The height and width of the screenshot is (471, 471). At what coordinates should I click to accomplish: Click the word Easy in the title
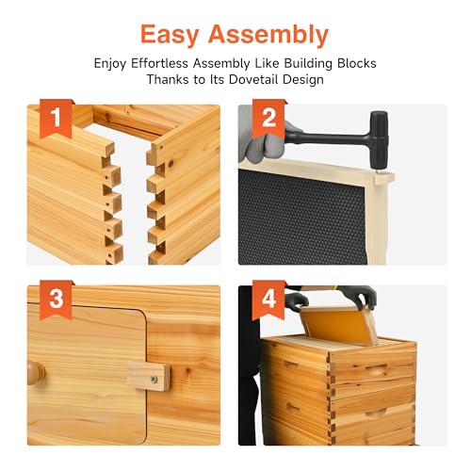pos(170,35)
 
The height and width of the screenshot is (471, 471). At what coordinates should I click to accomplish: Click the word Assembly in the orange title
pos(268,35)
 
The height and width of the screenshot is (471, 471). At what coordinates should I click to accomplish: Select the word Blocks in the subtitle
pos(357,63)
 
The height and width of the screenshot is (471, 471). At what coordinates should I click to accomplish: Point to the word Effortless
pos(159,63)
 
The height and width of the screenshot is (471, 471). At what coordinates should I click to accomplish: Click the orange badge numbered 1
pos(56,118)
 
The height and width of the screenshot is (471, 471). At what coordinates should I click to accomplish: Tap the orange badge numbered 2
pos(268,118)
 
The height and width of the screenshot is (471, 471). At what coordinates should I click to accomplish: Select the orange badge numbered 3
pos(56,300)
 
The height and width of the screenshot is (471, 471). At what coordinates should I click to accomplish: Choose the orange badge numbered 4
pos(268,300)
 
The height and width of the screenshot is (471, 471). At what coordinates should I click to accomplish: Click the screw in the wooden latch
pos(154,379)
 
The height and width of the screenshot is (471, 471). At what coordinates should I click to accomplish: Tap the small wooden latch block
pos(149,376)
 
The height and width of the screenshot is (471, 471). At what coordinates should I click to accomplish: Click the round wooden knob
pos(35,373)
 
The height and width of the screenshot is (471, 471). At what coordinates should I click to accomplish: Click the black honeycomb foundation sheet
pos(302,218)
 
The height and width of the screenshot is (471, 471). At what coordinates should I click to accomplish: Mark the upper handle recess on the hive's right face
pos(377,368)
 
